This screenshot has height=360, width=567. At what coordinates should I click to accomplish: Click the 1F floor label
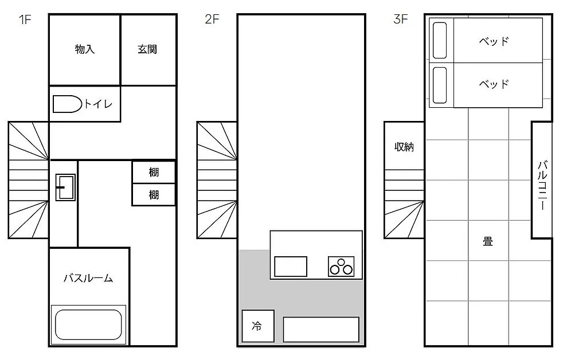coord(25,19)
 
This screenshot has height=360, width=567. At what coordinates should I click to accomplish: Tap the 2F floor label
coord(212,19)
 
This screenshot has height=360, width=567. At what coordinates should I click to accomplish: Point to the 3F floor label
coord(401,19)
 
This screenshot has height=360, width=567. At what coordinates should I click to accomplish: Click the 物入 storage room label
coord(85,49)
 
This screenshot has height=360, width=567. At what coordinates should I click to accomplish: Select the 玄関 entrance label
coord(147,49)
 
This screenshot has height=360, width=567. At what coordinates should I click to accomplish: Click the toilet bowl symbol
coord(67,104)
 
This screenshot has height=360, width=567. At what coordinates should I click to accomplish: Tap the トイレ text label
coord(99,104)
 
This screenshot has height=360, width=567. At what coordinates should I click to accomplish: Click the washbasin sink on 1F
coord(65,187)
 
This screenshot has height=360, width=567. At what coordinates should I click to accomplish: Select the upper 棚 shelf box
coord(153,173)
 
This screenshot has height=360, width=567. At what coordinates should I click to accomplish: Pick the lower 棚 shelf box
coord(153,195)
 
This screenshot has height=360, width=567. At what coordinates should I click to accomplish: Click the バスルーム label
coord(88,278)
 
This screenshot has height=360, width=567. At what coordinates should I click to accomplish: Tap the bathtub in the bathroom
coord(88,324)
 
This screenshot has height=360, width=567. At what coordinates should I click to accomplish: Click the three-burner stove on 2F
coord(341,267)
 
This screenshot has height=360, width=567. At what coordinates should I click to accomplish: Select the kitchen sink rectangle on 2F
coord(291,267)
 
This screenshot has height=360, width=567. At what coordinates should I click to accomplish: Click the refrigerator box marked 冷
coord(258,326)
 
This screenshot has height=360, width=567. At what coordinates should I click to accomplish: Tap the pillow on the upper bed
coord(440,41)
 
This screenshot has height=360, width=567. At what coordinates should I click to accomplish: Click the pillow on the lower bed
coord(440,85)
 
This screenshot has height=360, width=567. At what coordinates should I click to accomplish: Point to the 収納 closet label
coord(404,147)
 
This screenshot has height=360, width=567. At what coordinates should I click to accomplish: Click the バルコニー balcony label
coord(542,185)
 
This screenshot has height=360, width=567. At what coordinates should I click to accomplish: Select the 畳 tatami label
coord(488,241)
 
